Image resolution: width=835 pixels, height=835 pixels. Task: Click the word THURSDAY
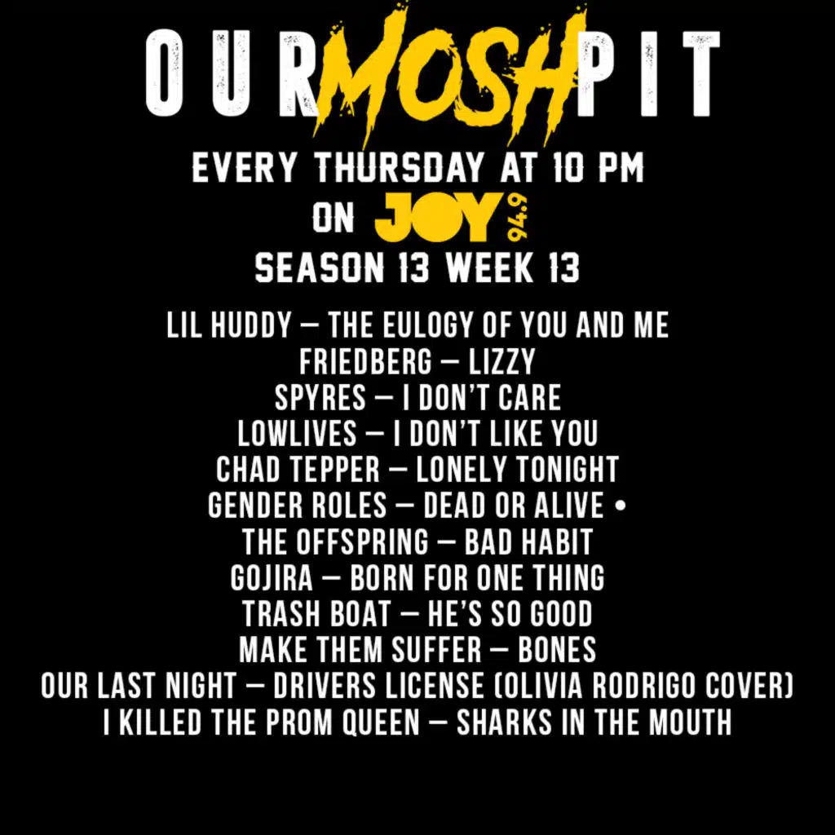pos(399,169)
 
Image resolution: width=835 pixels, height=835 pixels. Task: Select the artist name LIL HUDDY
pos(228,326)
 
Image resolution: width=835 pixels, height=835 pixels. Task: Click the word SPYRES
pos(320,398)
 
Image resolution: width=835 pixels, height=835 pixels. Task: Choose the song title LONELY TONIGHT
pos(517,470)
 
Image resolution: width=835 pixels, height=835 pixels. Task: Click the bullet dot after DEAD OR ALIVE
pos(622,506)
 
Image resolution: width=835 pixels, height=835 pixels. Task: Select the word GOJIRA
pos(272,578)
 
